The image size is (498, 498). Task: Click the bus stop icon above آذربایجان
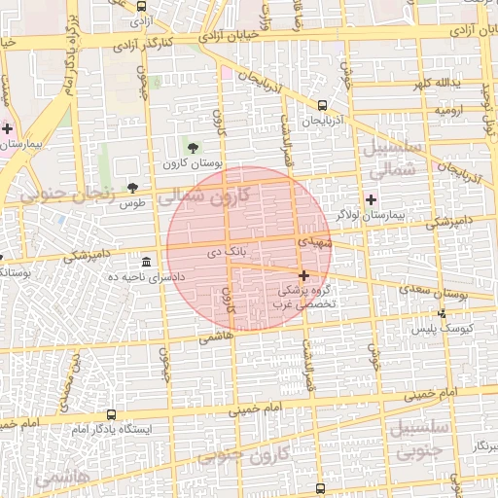[x=322, y=105]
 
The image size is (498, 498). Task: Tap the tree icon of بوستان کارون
[x=192, y=148]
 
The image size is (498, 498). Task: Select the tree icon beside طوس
[x=132, y=188]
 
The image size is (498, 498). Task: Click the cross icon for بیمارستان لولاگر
[x=371, y=198]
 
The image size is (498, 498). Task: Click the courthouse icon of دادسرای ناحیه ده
[x=146, y=263]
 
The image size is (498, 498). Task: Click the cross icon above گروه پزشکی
[x=303, y=276]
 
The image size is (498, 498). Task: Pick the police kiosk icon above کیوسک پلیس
[x=443, y=313]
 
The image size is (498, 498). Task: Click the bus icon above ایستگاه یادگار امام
[x=110, y=414]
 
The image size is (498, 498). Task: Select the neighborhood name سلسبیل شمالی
[x=394, y=159]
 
